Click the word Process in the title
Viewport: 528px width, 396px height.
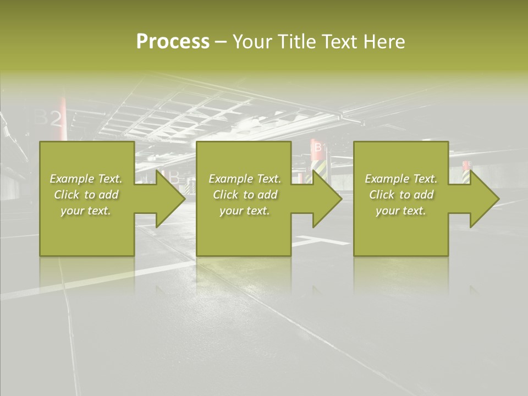[x=173, y=41]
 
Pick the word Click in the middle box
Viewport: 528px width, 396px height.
[x=227, y=195]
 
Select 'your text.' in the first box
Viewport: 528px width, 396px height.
[x=86, y=211]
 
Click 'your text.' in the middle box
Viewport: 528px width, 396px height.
[x=245, y=211]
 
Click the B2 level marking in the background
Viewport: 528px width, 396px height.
[x=48, y=118]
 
